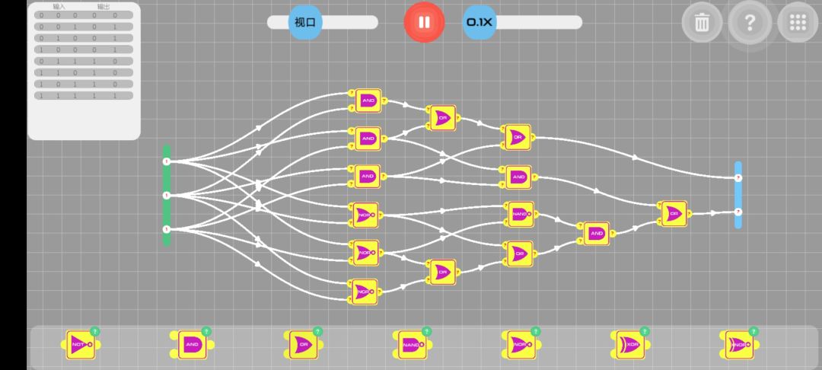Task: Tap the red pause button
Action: tap(424, 22)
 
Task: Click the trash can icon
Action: tap(702, 22)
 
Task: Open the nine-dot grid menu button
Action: tap(798, 22)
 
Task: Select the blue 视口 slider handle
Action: tap(305, 22)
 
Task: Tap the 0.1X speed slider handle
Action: tap(479, 22)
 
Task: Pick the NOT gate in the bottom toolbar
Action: tap(78, 345)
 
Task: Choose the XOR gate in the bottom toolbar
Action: tap(626, 345)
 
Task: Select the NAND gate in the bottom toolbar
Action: tap(409, 345)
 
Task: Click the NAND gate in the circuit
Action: tap(520, 214)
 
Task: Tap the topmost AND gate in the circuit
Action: tap(368, 100)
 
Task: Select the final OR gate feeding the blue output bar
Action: tap(673, 214)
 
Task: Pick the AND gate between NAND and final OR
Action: tap(594, 233)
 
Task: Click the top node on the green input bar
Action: tap(167, 161)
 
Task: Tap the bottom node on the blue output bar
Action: tap(738, 212)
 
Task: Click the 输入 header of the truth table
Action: tap(59, 7)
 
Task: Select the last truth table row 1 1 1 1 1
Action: tap(84, 96)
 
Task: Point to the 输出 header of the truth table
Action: tap(104, 7)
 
